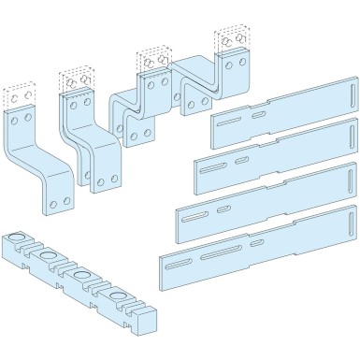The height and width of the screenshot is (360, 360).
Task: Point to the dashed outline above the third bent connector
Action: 152,58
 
